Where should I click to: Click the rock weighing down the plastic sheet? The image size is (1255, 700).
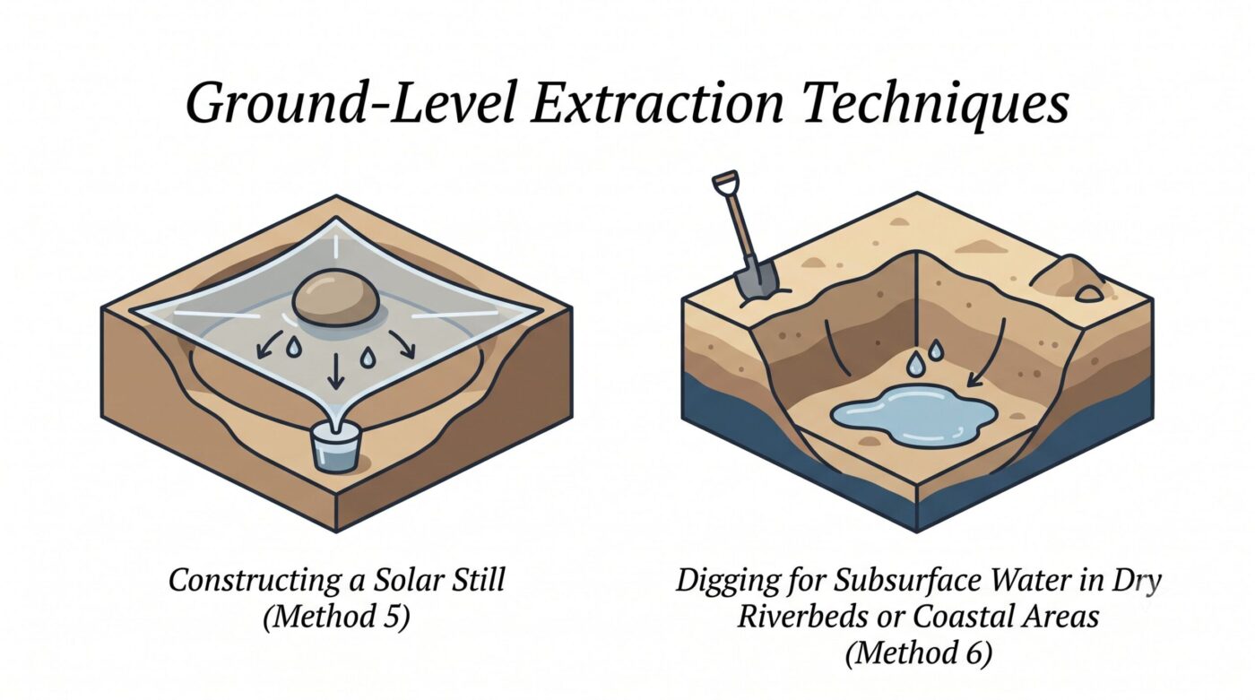tap(336, 297)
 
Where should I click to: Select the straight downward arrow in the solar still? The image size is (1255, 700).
tap(335, 371)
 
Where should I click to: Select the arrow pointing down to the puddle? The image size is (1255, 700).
tap(991, 353)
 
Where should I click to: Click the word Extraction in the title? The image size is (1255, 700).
tap(656, 104)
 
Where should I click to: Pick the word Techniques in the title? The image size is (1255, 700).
tap(935, 107)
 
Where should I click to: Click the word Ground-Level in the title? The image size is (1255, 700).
tap(351, 104)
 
